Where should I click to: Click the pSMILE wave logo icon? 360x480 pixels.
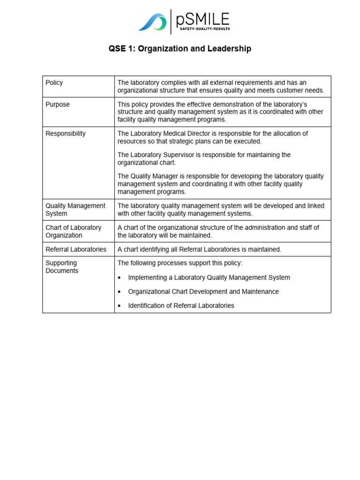152,22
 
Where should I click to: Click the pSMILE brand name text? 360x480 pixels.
202,19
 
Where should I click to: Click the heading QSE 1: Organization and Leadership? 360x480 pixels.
180,49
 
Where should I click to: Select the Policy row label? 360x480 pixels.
54,83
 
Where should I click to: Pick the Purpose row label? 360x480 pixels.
58,105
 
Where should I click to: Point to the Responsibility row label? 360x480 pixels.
66,134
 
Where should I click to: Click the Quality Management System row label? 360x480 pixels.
75,210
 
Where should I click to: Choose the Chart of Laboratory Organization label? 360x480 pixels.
73,232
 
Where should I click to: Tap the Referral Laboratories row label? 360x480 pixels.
76,249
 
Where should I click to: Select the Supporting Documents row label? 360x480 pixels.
62,267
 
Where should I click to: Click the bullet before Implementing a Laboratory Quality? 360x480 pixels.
120,278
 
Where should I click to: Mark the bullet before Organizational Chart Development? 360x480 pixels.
120,292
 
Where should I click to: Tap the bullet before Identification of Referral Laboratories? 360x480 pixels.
120,306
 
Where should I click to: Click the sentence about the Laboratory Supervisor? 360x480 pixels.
204,159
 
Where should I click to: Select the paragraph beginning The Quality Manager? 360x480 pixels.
220,184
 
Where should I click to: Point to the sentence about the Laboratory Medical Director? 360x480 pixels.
213,137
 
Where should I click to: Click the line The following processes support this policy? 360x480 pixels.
180,263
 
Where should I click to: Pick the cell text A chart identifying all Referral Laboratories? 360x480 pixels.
199,249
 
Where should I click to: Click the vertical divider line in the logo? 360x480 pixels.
171,22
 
